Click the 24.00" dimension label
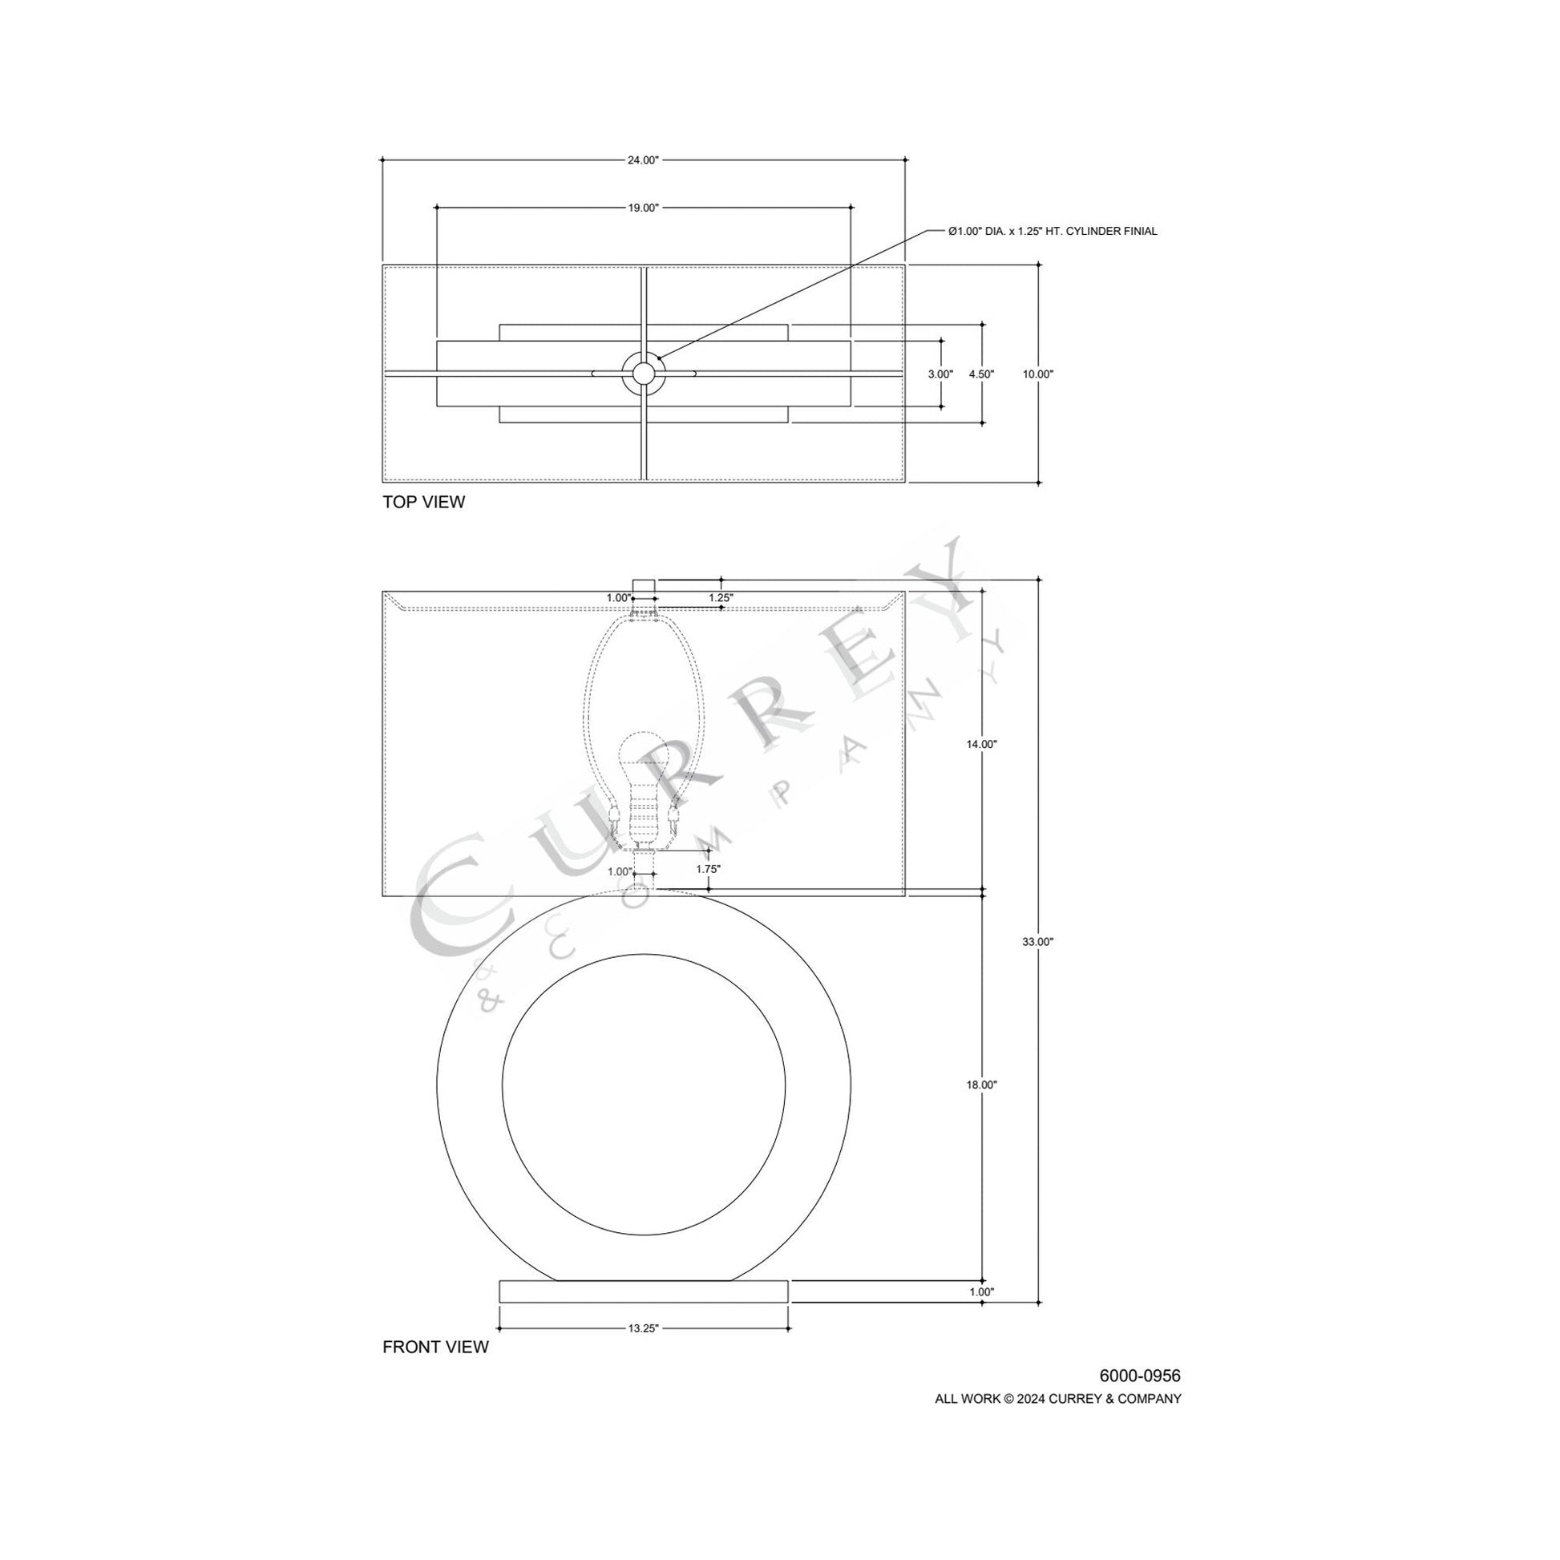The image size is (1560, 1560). (x=643, y=160)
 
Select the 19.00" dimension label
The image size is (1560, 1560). (x=643, y=208)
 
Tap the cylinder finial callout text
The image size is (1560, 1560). (x=1052, y=232)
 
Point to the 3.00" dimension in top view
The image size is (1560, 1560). (x=940, y=374)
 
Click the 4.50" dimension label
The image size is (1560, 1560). (x=981, y=374)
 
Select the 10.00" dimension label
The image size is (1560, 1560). (x=1037, y=374)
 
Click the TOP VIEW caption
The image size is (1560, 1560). (x=423, y=503)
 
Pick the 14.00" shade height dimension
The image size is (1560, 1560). (x=981, y=745)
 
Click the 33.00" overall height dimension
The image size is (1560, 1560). (x=1037, y=941)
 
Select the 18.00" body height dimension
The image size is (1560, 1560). (x=981, y=1085)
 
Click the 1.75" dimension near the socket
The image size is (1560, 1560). (x=707, y=870)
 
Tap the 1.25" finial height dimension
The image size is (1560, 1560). (x=720, y=598)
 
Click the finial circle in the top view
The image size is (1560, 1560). (x=643, y=373)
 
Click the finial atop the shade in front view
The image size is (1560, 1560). (x=643, y=585)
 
